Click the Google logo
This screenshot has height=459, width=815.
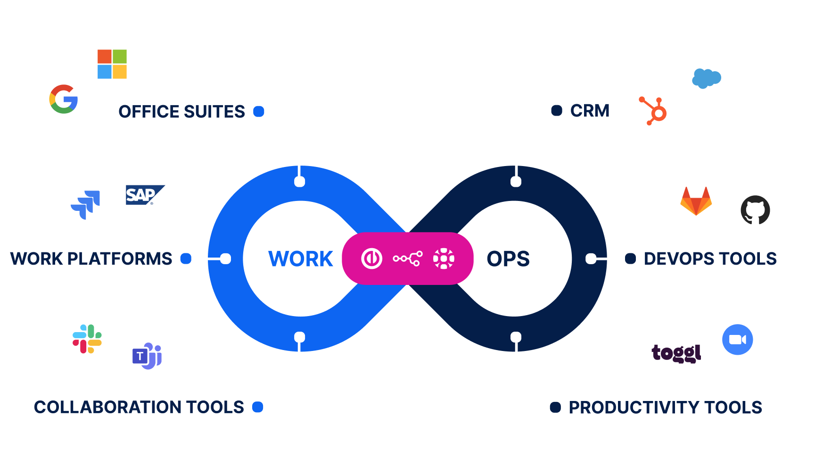click(x=64, y=99)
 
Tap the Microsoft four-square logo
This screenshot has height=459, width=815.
click(x=112, y=64)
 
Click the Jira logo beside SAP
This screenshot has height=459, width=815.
click(x=86, y=205)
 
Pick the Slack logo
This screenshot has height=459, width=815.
click(x=87, y=339)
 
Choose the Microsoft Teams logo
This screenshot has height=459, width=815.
click(x=147, y=356)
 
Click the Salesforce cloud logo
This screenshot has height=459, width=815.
click(x=706, y=78)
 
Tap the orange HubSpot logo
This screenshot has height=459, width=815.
click(x=653, y=111)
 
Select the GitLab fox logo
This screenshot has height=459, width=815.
click(x=696, y=201)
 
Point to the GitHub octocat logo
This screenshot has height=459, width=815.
click(x=755, y=210)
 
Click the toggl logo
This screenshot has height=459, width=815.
click(x=676, y=353)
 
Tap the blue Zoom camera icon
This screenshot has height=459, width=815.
click(x=737, y=340)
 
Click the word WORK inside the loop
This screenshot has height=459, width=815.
click(x=301, y=259)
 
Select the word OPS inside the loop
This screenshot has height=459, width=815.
click(x=508, y=259)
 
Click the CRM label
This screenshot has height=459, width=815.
click(x=590, y=111)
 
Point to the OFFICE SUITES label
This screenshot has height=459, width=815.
click(x=181, y=112)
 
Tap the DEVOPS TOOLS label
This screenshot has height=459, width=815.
click(x=710, y=259)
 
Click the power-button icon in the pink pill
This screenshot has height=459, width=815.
click(x=371, y=259)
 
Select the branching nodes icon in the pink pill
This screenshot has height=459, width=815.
click(x=408, y=259)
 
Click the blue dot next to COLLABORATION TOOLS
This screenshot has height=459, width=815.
click(x=257, y=407)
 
